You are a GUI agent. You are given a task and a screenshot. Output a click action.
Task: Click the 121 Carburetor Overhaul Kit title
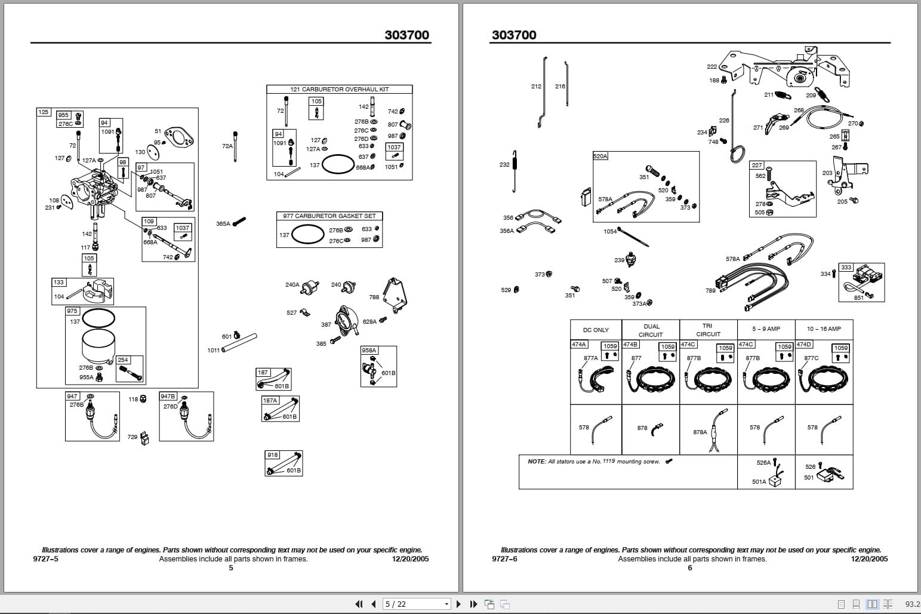(339, 89)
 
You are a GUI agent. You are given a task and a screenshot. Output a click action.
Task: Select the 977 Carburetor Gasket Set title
(329, 216)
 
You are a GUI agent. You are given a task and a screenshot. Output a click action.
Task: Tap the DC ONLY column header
(596, 330)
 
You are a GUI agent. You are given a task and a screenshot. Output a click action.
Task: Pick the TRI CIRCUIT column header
(708, 330)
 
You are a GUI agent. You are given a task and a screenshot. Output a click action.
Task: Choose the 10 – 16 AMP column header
(824, 329)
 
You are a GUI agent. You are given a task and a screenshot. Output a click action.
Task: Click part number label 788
(374, 297)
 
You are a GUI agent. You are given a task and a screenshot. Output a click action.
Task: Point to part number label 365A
(223, 224)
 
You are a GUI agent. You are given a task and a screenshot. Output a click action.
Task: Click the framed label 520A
(600, 156)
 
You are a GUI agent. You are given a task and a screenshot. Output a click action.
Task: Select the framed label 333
(846, 268)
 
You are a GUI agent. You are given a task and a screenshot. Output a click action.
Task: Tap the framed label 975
(72, 311)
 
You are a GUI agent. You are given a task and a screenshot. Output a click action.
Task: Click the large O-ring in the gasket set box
(308, 234)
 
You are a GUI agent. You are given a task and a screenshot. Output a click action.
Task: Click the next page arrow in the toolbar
(458, 604)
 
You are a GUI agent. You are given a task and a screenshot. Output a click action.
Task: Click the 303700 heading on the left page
(406, 35)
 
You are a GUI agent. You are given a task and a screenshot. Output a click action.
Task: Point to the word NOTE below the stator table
(536, 462)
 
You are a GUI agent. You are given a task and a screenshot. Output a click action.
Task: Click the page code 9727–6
(504, 559)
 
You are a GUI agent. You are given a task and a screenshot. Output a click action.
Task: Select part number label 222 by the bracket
(711, 67)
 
